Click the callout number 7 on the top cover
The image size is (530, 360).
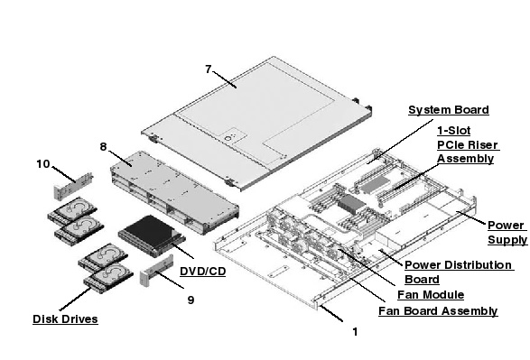pos(209,69)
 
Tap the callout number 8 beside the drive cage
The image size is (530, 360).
pos(104,145)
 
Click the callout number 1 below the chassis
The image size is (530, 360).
pos(355,331)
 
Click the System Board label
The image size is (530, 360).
pos(449,110)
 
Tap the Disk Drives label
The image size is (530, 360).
pos(65,318)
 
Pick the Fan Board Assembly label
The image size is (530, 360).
pos(437,311)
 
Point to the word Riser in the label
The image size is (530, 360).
pos(482,144)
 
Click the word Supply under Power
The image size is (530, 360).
pos(507,240)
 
